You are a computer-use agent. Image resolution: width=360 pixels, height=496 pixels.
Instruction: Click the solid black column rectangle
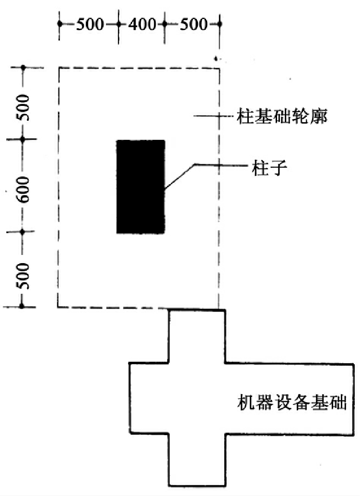pyautogui.click(x=141, y=186)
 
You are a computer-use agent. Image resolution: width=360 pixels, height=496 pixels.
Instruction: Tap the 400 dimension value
pyautogui.click(x=141, y=23)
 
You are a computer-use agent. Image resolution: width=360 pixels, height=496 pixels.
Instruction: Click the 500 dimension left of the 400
pyautogui.click(x=89, y=23)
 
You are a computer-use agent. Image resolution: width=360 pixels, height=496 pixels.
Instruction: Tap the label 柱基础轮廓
pyautogui.click(x=283, y=116)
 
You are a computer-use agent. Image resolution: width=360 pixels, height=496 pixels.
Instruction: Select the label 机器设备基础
pyautogui.click(x=291, y=402)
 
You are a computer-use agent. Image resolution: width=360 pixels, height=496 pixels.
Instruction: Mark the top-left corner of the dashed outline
pyautogui.click(x=59, y=68)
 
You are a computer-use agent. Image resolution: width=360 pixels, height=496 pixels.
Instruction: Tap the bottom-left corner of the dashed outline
pyautogui.click(x=58, y=306)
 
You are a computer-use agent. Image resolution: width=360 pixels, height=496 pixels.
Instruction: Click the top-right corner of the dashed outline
pyautogui.click(x=220, y=68)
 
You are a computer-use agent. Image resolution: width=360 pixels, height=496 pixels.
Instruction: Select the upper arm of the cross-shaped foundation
pyautogui.click(x=197, y=336)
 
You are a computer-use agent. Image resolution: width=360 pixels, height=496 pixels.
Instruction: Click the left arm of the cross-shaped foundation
pyautogui.click(x=149, y=398)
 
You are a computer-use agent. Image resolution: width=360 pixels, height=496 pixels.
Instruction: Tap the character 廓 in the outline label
pyautogui.click(x=320, y=116)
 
